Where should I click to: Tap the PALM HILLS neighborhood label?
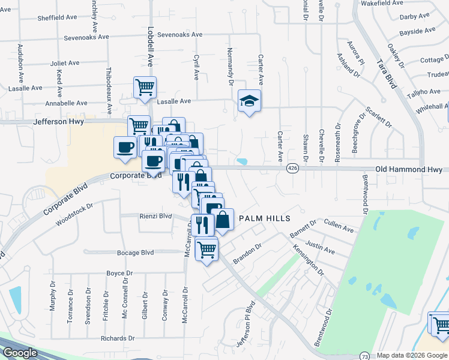tap(265, 218)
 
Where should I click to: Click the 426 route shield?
tap(292, 169)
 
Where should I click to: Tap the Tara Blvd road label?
tap(387, 73)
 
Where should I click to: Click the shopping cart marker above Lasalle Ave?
tap(145, 87)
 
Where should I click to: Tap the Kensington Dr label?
tap(308, 259)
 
